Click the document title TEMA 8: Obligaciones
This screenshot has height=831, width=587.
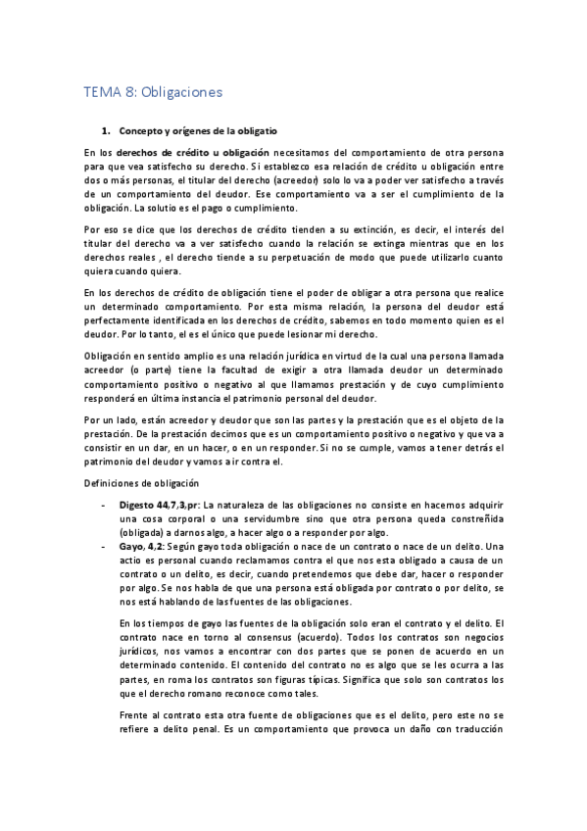pyautogui.click(x=153, y=93)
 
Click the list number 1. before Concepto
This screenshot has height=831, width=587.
pyautogui.click(x=106, y=130)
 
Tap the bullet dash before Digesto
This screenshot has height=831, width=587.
pyautogui.click(x=105, y=504)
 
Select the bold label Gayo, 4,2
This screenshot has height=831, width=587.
pyautogui.click(x=143, y=545)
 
